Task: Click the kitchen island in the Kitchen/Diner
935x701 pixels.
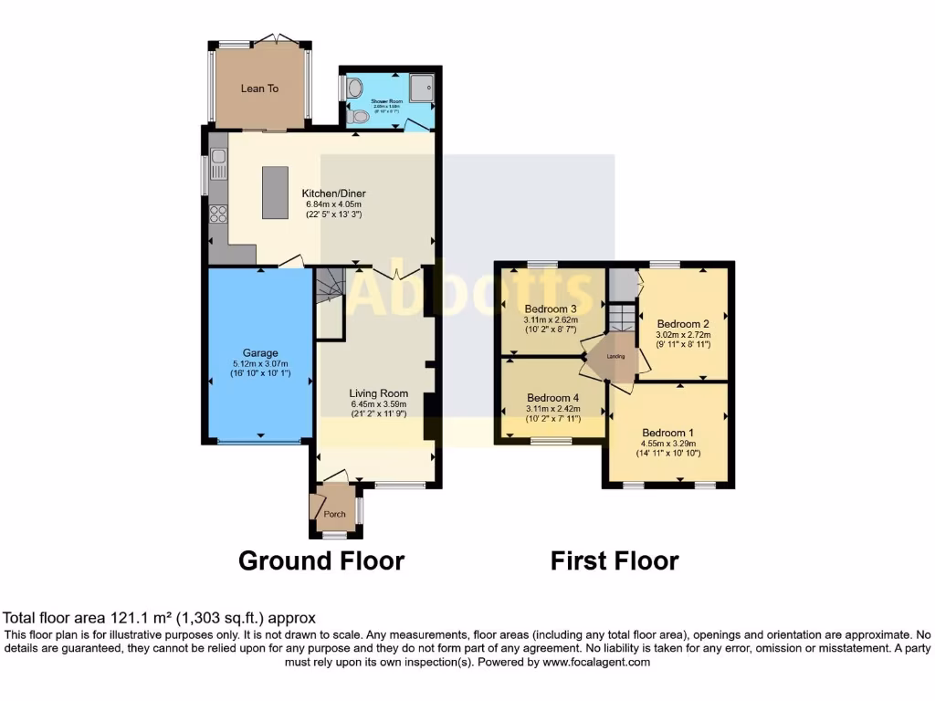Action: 275,192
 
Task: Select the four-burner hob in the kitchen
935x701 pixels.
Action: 219,214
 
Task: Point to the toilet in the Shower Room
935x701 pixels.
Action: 360,117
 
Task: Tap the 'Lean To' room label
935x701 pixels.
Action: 259,89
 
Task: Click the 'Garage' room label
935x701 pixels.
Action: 260,352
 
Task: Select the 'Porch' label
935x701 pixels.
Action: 335,514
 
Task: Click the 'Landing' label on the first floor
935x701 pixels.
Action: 616,356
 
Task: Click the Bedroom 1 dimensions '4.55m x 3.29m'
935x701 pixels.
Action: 667,445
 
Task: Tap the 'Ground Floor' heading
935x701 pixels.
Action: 321,560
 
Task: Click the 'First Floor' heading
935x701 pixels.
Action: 615,560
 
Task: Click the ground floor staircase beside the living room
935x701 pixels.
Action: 329,287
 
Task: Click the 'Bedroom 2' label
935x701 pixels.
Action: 683,323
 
